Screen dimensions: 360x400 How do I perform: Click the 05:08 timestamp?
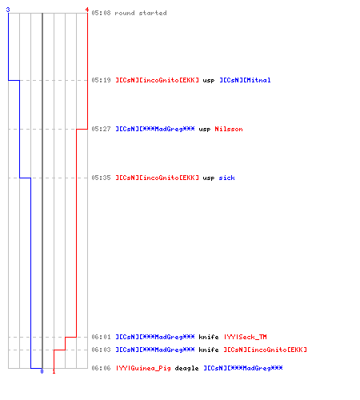click(101, 13)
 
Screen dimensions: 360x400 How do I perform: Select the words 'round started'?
click(141, 13)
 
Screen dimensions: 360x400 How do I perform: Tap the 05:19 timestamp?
click(101, 80)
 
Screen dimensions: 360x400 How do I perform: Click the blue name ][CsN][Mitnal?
click(245, 80)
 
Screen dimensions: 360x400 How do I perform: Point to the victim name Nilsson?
click(229, 129)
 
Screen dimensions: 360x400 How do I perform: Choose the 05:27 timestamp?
click(101, 129)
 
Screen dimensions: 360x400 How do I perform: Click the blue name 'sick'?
click(226, 178)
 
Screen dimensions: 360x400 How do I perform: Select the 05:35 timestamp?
click(101, 178)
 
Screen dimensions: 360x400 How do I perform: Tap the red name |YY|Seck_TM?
click(245, 337)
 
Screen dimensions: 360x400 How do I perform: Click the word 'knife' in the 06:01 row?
click(209, 337)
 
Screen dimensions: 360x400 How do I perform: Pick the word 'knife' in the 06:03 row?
click(209, 350)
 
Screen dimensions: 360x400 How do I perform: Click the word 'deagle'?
click(186, 369)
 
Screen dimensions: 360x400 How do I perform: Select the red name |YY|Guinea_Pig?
click(143, 368)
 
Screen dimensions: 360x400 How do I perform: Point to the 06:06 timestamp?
click(101, 368)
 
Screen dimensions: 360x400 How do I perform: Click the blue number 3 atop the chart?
click(8, 10)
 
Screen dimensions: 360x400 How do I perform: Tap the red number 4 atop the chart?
click(87, 10)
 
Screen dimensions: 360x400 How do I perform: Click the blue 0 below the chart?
click(42, 371)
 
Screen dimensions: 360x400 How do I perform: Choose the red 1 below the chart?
click(54, 371)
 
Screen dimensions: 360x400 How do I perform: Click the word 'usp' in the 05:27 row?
click(205, 130)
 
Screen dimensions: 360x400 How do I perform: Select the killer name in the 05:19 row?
click(157, 80)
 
